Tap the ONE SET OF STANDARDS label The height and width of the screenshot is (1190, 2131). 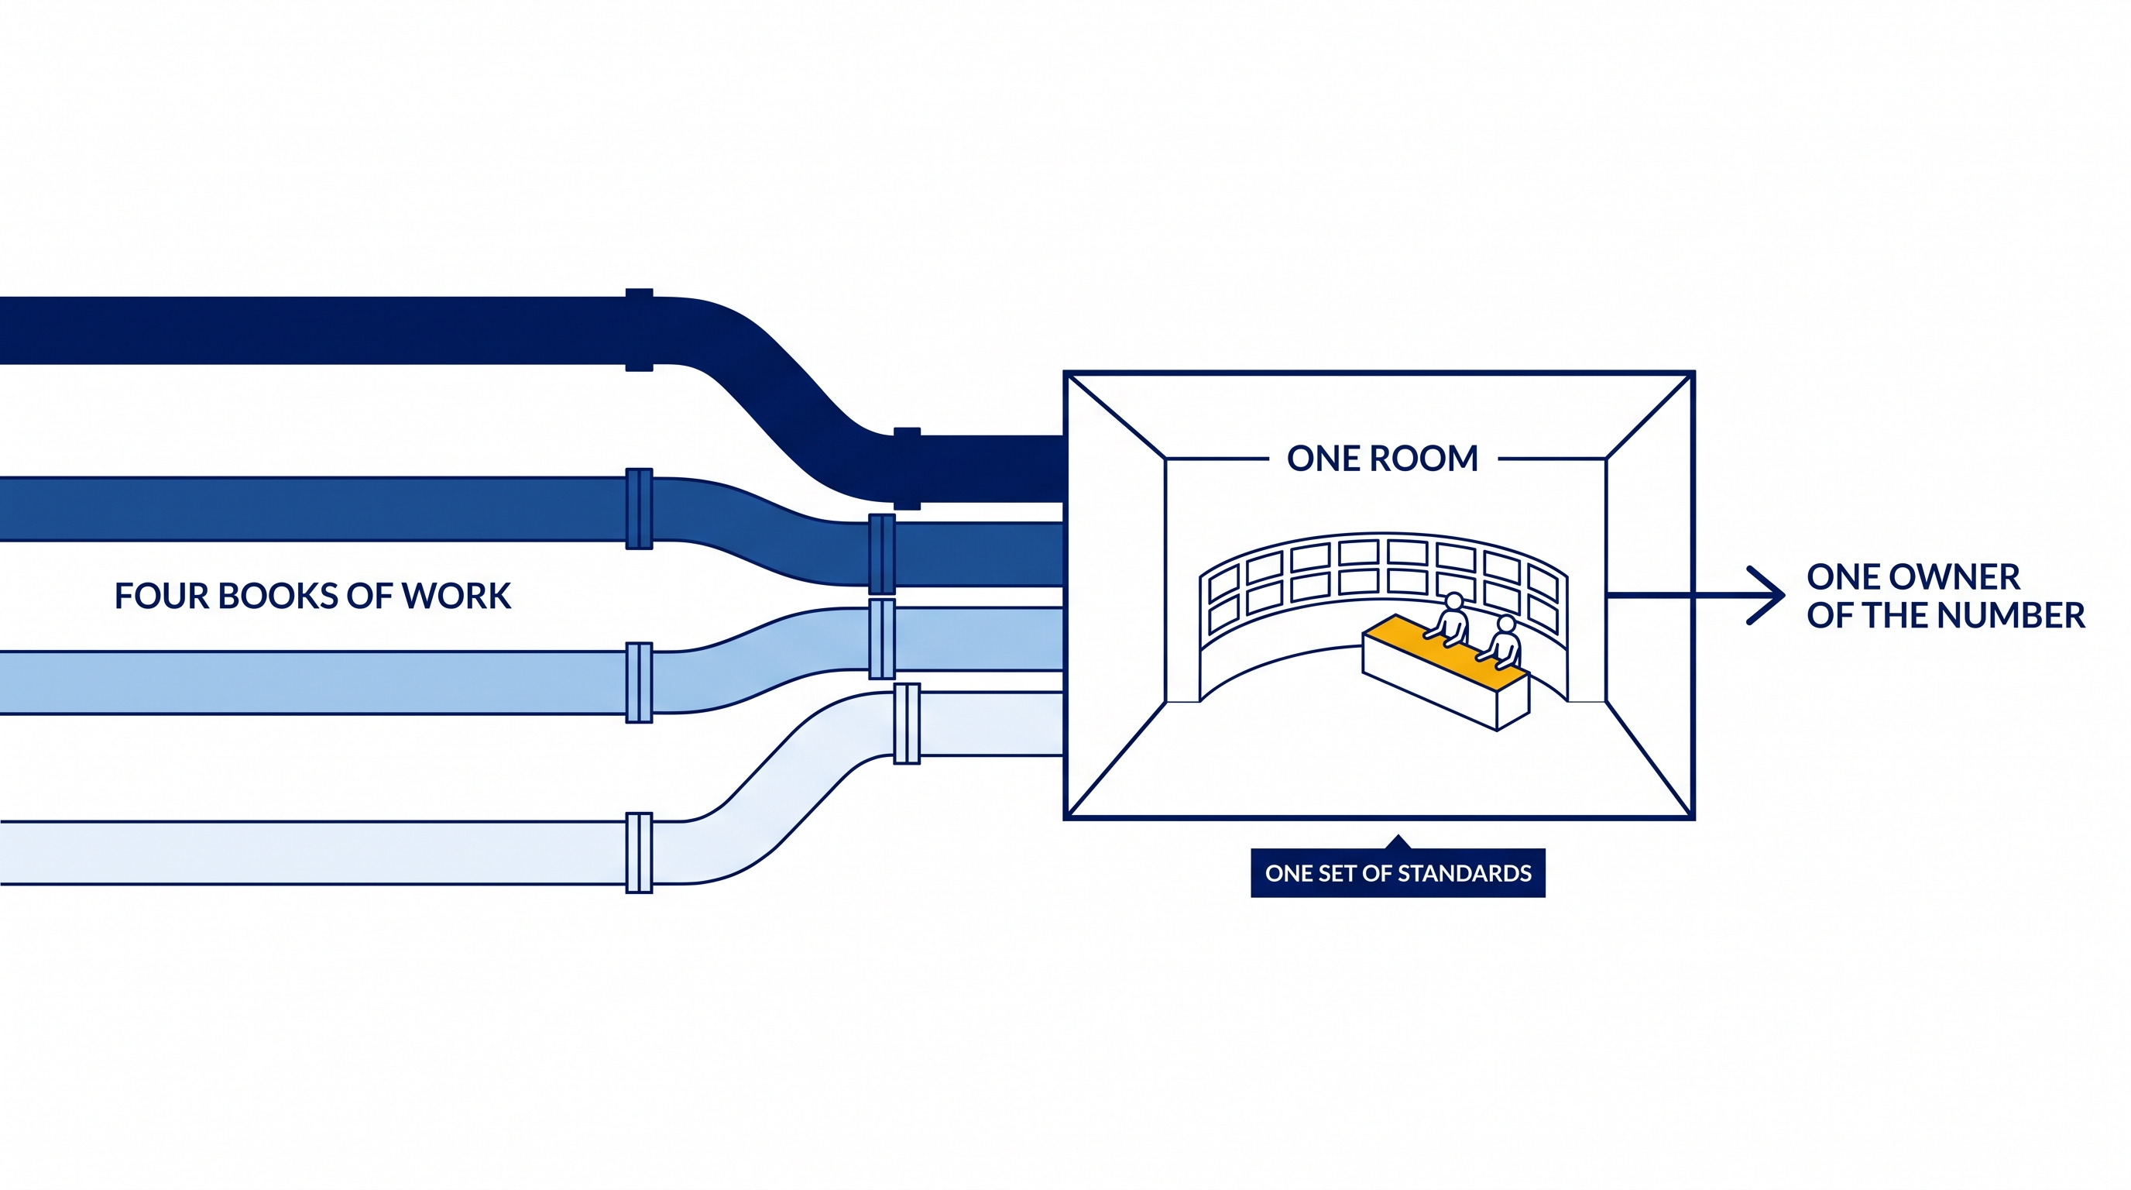[x=1398, y=873]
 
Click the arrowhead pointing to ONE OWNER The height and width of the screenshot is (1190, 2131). [x=1767, y=595]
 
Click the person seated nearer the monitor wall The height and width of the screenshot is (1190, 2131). [x=1450, y=618]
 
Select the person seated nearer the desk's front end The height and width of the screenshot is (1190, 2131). [x=1501, y=641]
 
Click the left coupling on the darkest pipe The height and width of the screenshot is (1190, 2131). [x=640, y=330]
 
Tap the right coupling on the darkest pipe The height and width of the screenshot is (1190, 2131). [x=908, y=469]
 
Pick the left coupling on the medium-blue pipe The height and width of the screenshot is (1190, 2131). [x=640, y=509]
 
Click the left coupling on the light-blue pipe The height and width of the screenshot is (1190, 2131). [x=640, y=683]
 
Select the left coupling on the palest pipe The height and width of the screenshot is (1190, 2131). [x=640, y=853]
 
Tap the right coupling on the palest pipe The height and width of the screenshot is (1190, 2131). [x=908, y=724]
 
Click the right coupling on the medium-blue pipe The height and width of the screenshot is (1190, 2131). [x=883, y=555]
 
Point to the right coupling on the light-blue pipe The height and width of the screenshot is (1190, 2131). [x=883, y=639]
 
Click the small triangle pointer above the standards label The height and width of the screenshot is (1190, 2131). [x=1398, y=843]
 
